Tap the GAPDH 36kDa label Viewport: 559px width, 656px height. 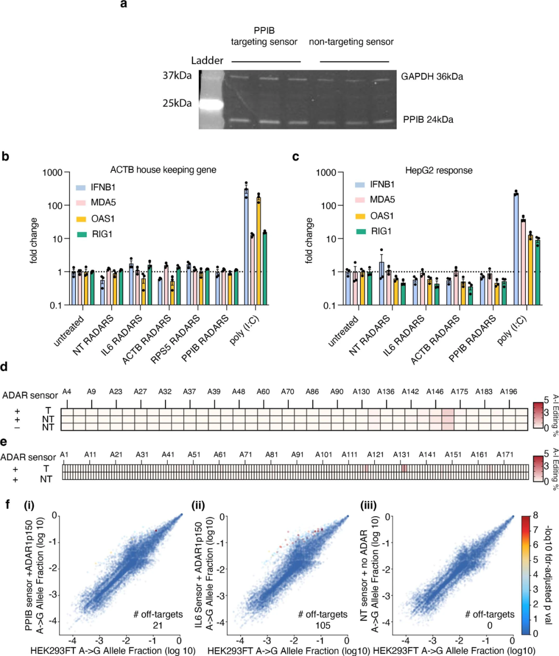click(x=432, y=77)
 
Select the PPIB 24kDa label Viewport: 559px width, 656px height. click(x=428, y=120)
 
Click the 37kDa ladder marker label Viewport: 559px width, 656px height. click(x=177, y=76)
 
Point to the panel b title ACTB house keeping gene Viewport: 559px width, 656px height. click(x=163, y=170)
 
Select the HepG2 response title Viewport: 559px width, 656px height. click(x=438, y=170)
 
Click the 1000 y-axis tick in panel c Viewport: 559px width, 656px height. click(x=326, y=173)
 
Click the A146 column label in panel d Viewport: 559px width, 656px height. click(x=435, y=392)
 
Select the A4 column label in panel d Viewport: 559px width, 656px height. click(x=67, y=392)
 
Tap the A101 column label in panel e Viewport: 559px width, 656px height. click(x=323, y=455)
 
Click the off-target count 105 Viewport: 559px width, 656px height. click(x=322, y=625)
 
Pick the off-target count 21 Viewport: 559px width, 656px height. click(x=157, y=625)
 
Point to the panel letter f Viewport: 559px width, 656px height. click(x=7, y=504)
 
